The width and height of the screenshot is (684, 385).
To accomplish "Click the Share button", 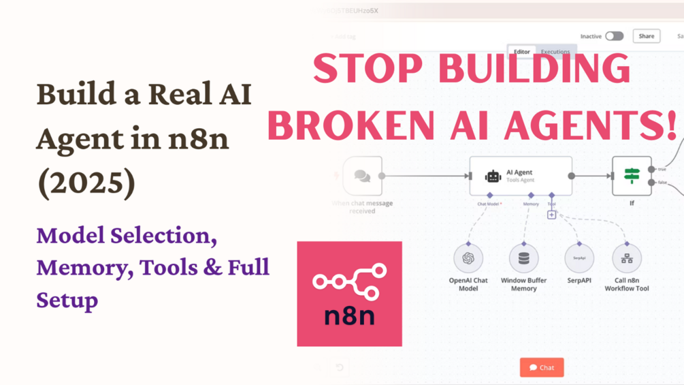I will [x=646, y=36].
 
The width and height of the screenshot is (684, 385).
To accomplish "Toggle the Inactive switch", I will [x=614, y=36].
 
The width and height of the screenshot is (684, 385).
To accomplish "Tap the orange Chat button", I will [x=542, y=367].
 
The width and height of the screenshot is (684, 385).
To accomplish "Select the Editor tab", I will [x=522, y=52].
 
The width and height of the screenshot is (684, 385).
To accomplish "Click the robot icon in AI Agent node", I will [x=493, y=176].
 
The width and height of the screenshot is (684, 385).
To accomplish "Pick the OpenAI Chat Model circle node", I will [x=468, y=258].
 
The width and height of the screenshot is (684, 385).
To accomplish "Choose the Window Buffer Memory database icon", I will [x=523, y=258].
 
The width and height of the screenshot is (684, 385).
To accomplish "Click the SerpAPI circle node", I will [x=579, y=258].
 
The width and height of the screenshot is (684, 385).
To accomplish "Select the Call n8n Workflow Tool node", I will [x=627, y=258].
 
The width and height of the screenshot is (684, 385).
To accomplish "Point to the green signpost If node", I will [x=632, y=176].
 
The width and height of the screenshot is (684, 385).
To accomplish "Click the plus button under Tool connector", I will [x=551, y=215].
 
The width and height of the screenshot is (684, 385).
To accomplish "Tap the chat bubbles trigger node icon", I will [x=362, y=176].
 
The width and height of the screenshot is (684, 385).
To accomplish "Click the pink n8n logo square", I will [x=349, y=294].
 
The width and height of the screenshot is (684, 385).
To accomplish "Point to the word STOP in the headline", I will [x=365, y=70].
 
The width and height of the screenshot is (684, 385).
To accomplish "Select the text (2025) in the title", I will [x=86, y=183].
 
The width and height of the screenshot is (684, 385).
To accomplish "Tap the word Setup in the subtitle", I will [x=67, y=300].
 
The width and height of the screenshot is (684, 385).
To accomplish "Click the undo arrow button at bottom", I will [x=340, y=368].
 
